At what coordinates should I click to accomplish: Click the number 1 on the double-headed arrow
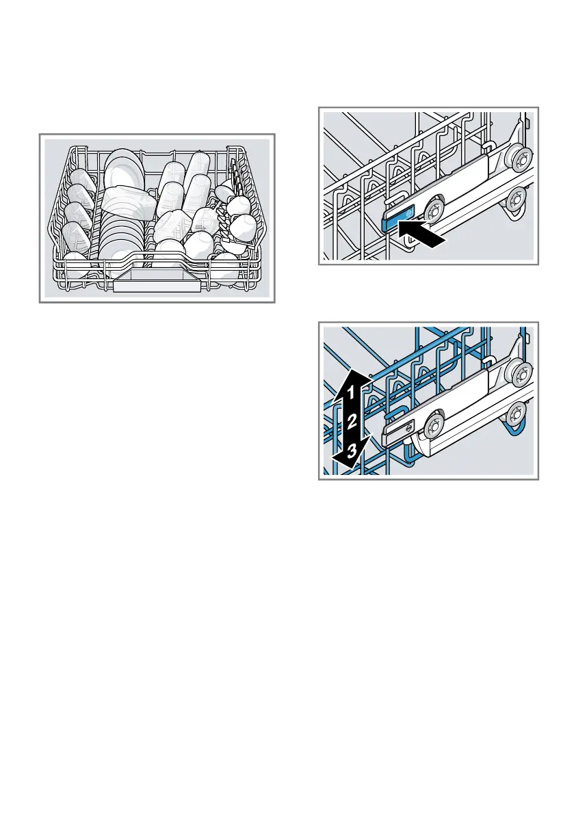350,394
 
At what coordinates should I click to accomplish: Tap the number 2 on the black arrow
351,422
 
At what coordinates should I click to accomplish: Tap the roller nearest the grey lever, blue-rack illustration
432,426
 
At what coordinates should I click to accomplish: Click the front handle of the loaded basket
157,285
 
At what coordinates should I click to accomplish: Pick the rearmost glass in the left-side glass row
82,179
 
